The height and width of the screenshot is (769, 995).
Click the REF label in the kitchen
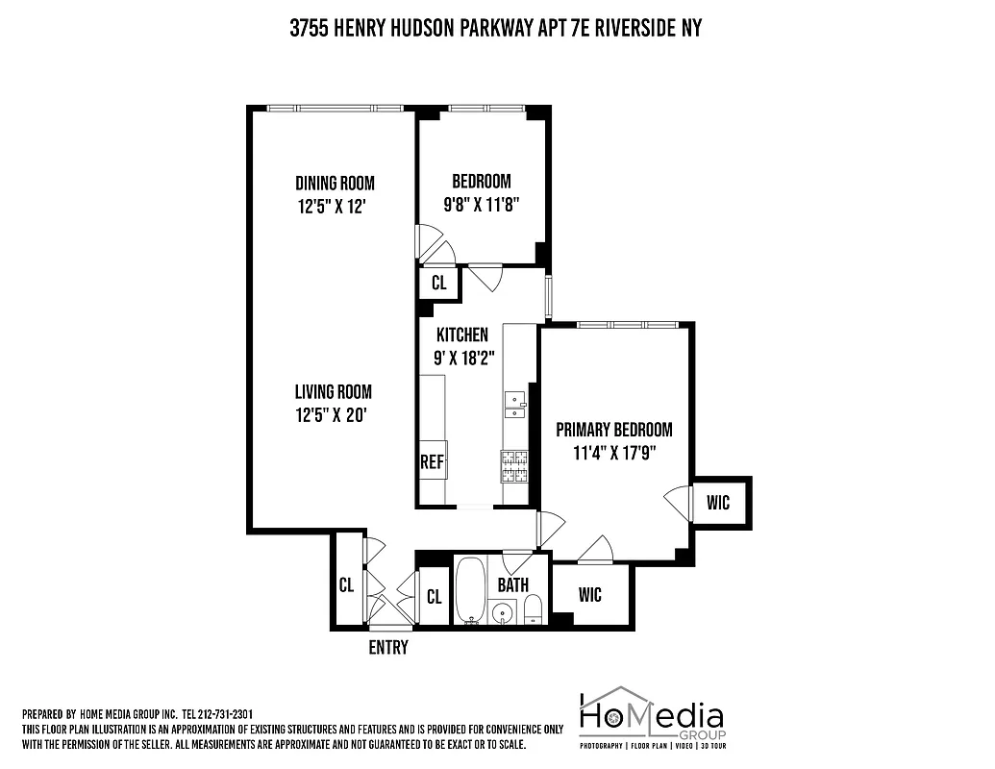pos(432,462)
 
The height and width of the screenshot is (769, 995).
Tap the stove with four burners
pos(516,465)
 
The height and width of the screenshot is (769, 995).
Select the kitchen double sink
pos(515,405)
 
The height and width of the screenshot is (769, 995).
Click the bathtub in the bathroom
pos(471,590)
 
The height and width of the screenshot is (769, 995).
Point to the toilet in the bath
pos(534,608)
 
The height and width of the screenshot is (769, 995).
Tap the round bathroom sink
pos(501,611)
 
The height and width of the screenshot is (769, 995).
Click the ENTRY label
pos(388,647)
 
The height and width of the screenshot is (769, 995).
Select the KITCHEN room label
pos(462,335)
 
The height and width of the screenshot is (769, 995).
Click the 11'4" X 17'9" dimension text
pos(614,452)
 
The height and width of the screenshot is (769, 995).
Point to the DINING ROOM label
pos(335,183)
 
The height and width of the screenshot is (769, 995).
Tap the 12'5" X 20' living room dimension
pos(333,414)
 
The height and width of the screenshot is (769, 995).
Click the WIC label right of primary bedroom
pos(719,502)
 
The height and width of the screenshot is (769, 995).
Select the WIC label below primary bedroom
pos(590,595)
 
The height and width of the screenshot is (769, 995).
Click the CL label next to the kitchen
pos(438,284)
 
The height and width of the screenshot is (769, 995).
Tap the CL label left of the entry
pos(346,584)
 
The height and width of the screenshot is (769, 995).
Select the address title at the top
pos(496,29)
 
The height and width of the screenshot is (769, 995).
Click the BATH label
pos(512,583)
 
